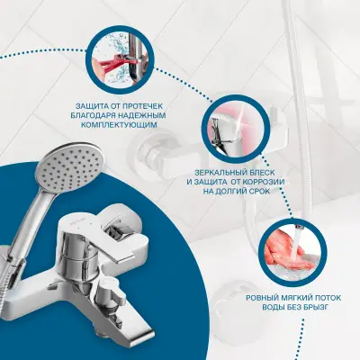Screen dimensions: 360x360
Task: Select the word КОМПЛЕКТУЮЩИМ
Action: tap(119, 125)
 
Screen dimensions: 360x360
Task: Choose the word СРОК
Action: tap(257, 191)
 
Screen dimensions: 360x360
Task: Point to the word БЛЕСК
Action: tap(264, 173)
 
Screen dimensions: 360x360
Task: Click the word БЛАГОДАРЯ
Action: tap(92, 115)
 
